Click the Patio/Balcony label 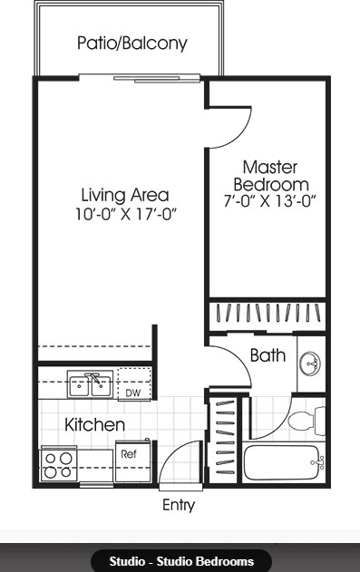131,43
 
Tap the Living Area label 124,194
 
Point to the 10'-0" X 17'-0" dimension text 124,215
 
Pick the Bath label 268,355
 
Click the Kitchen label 94,424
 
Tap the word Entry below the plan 178,506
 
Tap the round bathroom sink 311,364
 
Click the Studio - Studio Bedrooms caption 180,561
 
